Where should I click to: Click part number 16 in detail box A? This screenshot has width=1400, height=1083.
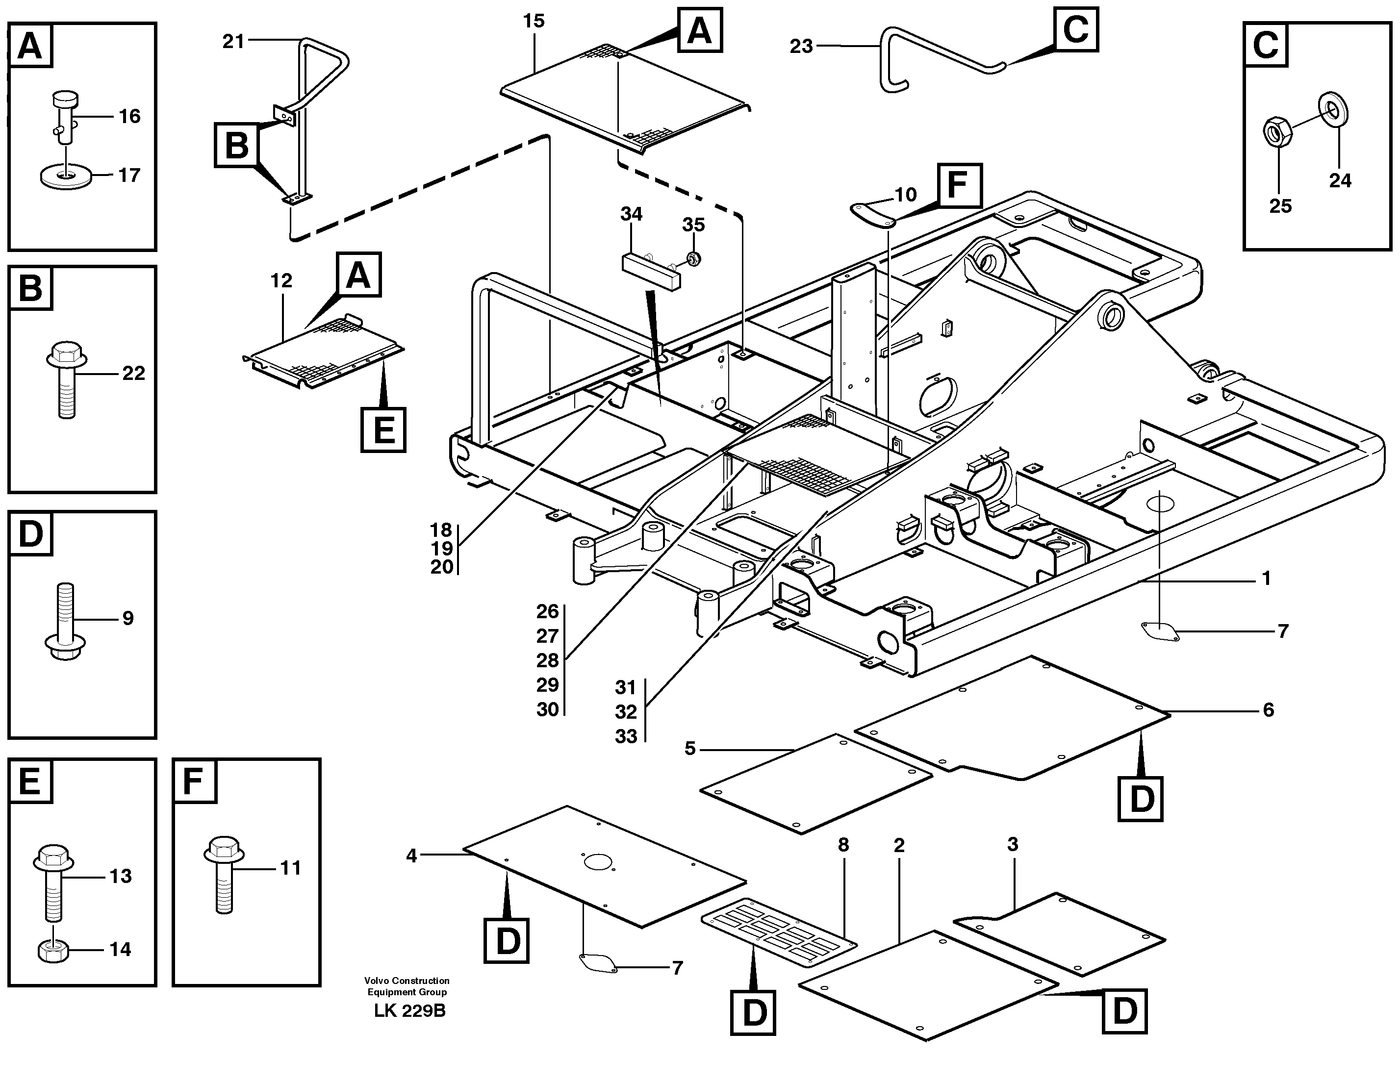[x=129, y=116]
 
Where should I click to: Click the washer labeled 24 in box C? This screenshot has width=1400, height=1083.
[x=1333, y=110]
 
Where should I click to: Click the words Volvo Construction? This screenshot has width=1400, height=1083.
[x=407, y=981]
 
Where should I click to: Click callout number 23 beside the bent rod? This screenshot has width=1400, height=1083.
[x=801, y=46]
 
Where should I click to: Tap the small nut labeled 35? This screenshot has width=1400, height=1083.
[x=692, y=258]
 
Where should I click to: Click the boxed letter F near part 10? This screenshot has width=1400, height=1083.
[x=959, y=185]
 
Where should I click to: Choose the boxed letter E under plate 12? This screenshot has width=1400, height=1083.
[x=383, y=429]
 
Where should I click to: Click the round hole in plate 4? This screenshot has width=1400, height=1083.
[x=599, y=862]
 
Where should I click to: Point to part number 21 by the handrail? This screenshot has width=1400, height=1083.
[x=233, y=42]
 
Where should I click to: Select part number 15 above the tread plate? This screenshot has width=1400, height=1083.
[x=534, y=21]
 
